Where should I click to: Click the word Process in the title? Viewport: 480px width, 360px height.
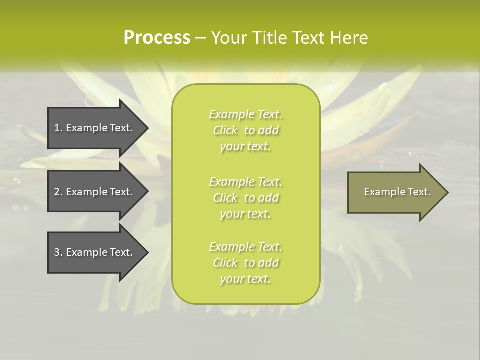(157, 38)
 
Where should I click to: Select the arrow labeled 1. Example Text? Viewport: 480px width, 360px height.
(95, 128)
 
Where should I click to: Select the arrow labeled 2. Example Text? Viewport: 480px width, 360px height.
(95, 192)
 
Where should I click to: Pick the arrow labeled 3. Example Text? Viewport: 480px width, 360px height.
(95, 252)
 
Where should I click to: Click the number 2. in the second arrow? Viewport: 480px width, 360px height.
(58, 192)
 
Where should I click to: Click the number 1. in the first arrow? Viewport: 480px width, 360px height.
(58, 128)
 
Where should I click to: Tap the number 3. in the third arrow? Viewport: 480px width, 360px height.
(58, 252)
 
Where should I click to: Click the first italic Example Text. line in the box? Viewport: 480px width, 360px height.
(245, 114)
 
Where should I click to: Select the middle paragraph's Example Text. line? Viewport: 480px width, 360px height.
(245, 181)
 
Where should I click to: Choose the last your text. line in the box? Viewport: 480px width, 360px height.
(245, 279)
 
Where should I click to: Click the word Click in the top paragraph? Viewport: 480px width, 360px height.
(225, 130)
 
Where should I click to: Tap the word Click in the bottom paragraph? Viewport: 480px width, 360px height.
(225, 263)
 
